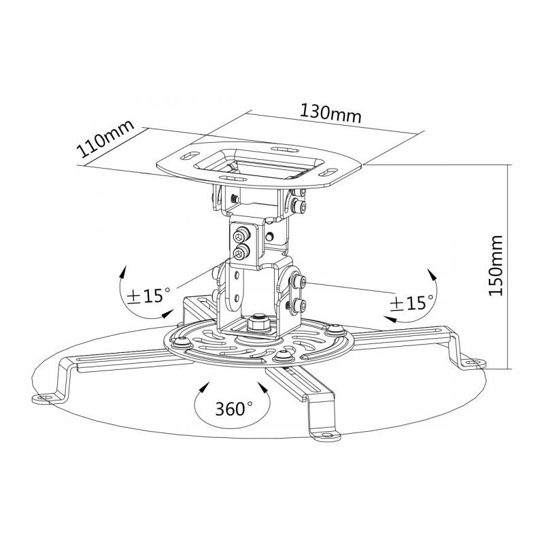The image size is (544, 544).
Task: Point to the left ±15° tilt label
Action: pyautogui.click(x=148, y=295)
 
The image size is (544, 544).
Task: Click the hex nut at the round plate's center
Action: pyautogui.click(x=259, y=322)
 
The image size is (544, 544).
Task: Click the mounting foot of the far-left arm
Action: pyautogui.click(x=46, y=396)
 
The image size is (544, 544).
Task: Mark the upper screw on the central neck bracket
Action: pyautogui.click(x=241, y=236)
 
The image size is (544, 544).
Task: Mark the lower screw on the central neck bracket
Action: pyautogui.click(x=241, y=254)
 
